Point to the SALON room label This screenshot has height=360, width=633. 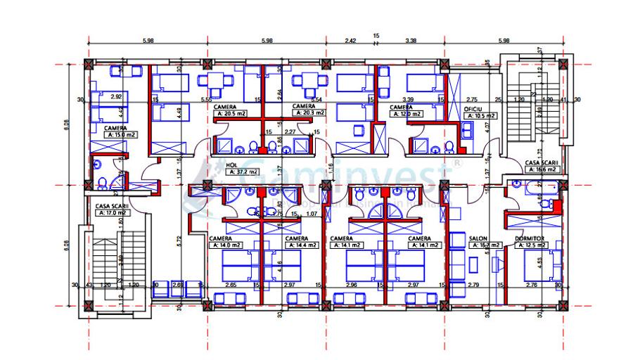[x=478, y=238]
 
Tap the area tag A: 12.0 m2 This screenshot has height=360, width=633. [x=407, y=114]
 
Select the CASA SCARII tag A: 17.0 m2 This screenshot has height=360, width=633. [x=111, y=212]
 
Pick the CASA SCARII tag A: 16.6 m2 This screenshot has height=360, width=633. [x=542, y=169]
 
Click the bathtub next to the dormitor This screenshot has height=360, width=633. [x=532, y=187]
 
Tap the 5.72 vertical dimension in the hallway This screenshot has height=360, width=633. [x=179, y=240]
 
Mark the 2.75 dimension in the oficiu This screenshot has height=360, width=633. [x=472, y=101]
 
